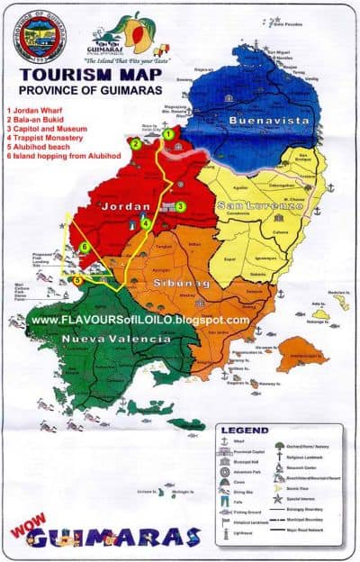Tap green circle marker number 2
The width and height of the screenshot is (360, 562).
point(135,143)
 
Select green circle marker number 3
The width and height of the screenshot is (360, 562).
point(180,206)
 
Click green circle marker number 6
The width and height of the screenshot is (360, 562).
point(84,246)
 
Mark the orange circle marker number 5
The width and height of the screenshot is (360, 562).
point(77,280)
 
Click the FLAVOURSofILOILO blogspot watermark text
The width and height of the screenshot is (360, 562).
point(139,320)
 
